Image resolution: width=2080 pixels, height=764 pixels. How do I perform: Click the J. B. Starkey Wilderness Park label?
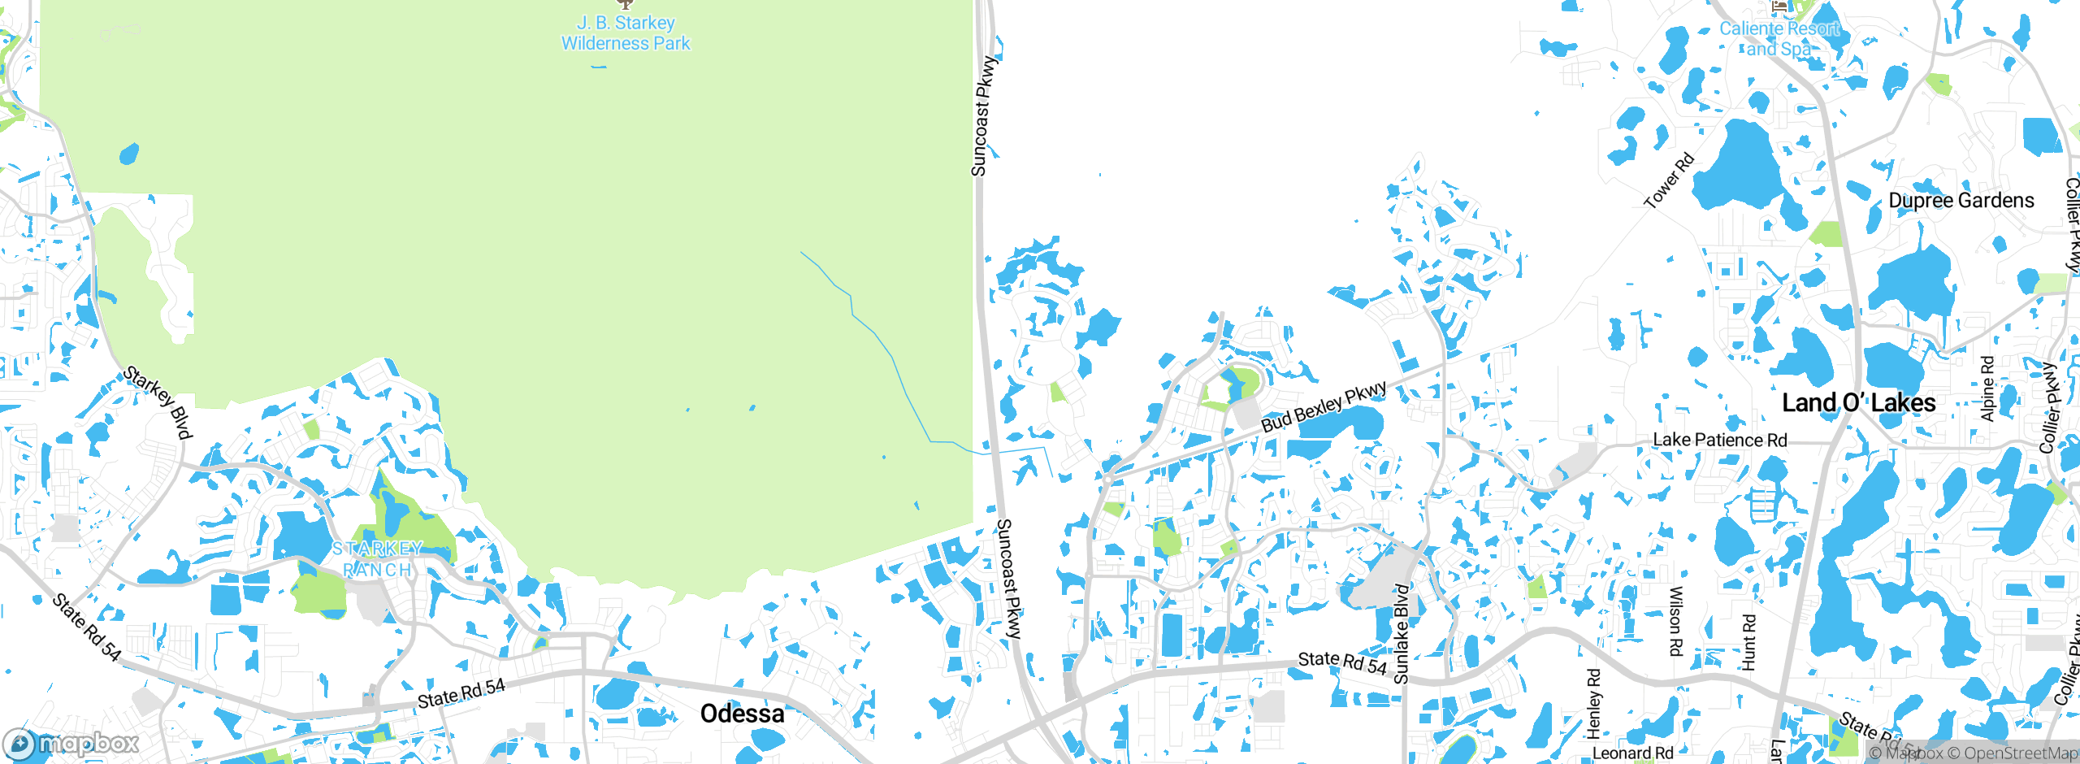coord(626,33)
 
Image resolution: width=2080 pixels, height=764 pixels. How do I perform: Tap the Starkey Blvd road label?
coord(158,402)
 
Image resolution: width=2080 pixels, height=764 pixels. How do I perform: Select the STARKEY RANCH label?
coord(377,559)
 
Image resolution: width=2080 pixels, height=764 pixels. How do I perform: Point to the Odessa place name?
coord(742,714)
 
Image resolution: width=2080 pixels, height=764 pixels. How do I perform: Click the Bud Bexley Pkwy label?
coord(1324,406)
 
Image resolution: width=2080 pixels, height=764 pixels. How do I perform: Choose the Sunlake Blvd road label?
coord(1401,633)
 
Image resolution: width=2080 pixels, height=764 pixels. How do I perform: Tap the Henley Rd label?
coord(1593,703)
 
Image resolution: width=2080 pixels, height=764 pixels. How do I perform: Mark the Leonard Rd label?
coord(1633,753)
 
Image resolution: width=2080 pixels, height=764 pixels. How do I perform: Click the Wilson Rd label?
coord(1675,621)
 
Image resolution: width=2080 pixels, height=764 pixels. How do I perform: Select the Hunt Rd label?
coord(1748,642)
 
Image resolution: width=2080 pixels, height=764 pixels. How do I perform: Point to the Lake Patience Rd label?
coord(1720,440)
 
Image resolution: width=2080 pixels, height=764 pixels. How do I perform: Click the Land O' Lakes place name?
coord(1858,403)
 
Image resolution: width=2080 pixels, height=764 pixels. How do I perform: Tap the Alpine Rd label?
coord(1987,389)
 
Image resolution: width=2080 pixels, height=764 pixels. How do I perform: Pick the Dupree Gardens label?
coord(1961,201)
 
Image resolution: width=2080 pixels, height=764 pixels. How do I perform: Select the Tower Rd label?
coord(1669,180)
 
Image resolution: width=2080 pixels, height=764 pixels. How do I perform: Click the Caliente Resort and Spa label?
coord(1779,38)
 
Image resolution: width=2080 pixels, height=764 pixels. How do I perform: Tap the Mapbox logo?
coord(71,743)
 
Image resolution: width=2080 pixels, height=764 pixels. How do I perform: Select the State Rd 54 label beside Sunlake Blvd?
coord(1342,662)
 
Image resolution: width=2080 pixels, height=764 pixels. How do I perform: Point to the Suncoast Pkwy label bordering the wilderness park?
coord(983,115)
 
